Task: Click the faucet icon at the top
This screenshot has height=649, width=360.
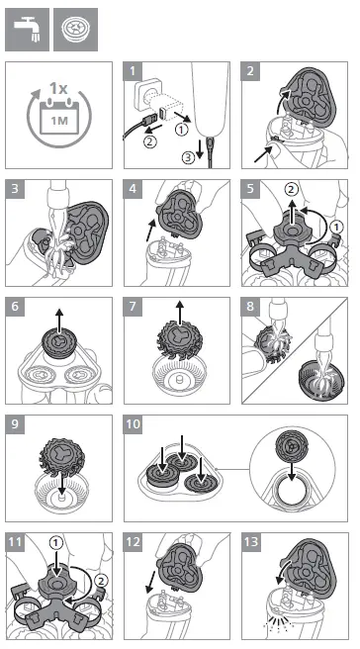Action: point(27,30)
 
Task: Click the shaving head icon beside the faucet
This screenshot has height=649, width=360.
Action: point(76,30)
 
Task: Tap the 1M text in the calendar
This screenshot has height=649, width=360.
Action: point(58,121)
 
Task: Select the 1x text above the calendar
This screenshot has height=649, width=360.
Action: point(58,88)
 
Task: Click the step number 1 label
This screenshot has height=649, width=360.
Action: point(133,71)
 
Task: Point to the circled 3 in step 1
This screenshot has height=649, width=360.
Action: point(188,157)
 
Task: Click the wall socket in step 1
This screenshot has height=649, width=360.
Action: point(146,94)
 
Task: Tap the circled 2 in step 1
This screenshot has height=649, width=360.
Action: point(149,142)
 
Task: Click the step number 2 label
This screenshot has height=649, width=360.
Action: point(250,71)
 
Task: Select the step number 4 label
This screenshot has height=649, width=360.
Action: point(133,189)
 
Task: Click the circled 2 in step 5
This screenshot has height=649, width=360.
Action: point(292,190)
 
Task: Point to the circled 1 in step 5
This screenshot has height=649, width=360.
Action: point(337,228)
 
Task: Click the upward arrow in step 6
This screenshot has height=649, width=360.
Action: point(59,321)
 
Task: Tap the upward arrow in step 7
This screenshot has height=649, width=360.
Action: point(180,314)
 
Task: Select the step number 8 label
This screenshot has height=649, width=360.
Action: point(250,307)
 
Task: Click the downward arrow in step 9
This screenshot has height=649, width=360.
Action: point(61,483)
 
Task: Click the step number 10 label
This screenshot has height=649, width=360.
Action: point(134,424)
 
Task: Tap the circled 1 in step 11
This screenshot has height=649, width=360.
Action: point(56,542)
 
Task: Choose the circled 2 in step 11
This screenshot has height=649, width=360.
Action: point(101,581)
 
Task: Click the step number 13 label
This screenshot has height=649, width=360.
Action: point(251,542)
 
